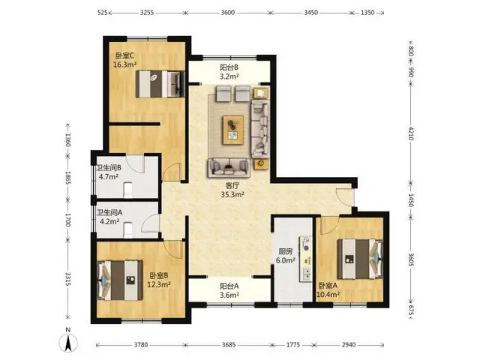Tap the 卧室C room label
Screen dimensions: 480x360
[124, 56]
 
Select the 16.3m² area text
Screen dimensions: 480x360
[124, 64]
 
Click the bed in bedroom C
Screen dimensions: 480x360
[160, 84]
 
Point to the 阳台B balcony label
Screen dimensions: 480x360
[229, 67]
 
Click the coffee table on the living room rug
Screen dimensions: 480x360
[233, 130]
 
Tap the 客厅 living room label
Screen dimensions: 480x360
[232, 186]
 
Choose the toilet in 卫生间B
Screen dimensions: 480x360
[128, 190]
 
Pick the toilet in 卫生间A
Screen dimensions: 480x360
[128, 230]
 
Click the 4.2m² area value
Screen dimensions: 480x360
[109, 221]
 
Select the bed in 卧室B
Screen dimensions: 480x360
[120, 280]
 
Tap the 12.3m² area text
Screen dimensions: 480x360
[159, 284]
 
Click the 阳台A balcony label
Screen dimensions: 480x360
[229, 286]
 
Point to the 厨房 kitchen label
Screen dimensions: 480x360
[285, 252]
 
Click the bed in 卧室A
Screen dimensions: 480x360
[360, 259]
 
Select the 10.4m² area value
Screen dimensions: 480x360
[328, 295]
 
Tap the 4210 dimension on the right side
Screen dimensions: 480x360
[411, 133]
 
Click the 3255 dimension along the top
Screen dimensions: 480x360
[147, 13]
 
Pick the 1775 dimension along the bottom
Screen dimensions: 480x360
[293, 345]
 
